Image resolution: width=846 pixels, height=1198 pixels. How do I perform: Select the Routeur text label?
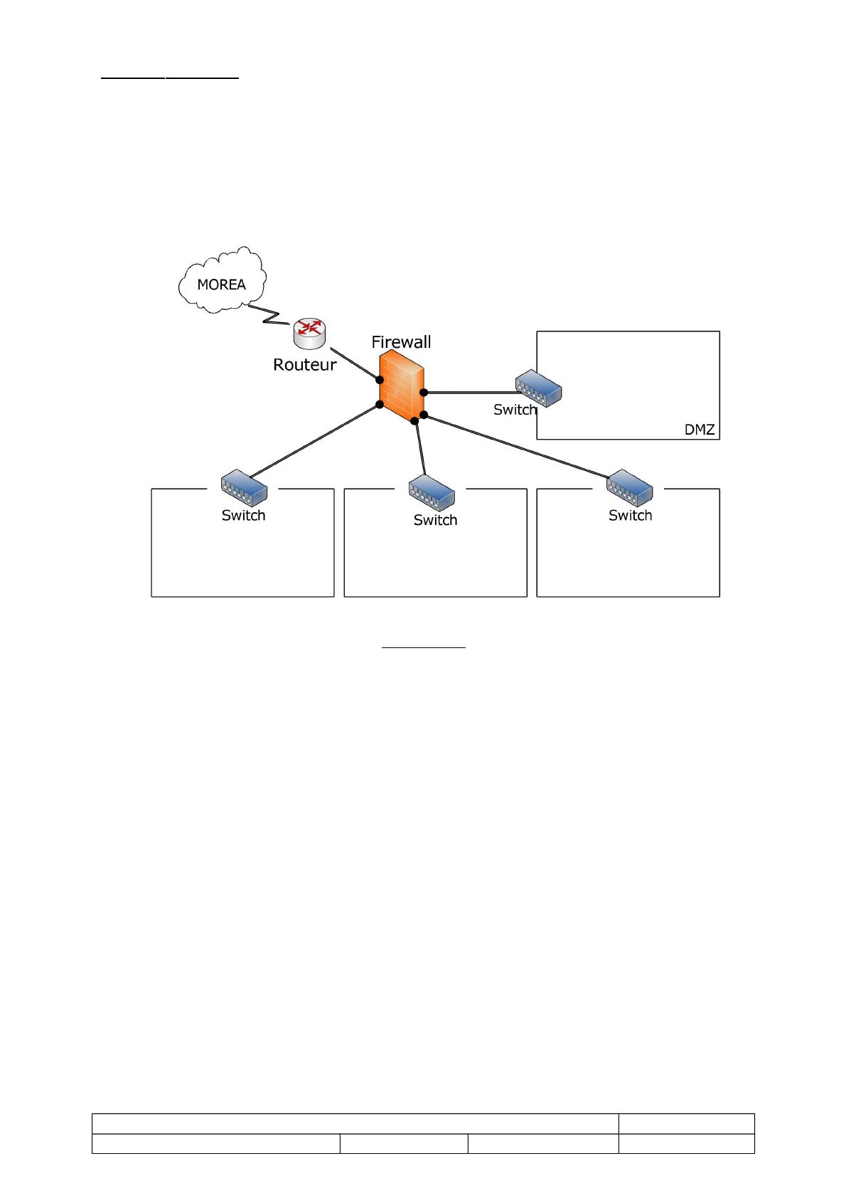click(304, 365)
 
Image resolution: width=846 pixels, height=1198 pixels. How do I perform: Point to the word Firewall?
click(401, 342)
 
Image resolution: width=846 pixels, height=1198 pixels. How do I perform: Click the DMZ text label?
click(699, 430)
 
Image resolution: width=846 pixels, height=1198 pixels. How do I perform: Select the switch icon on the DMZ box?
click(539, 388)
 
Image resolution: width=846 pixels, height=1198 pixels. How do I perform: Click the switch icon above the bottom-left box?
click(243, 487)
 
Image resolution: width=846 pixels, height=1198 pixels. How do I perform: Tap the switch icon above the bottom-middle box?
click(432, 492)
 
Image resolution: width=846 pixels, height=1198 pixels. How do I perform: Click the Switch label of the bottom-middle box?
click(435, 521)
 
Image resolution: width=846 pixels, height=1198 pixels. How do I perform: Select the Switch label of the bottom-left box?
click(243, 516)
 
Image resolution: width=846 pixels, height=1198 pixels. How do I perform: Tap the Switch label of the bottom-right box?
click(630, 516)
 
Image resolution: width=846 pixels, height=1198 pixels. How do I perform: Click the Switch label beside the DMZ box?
click(515, 410)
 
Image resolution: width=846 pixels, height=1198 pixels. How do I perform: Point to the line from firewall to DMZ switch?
click(469, 392)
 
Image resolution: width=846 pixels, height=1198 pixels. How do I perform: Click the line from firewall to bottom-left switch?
click(313, 441)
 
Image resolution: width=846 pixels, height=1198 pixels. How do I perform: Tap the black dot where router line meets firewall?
click(380, 380)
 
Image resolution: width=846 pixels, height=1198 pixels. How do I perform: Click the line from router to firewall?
click(353, 364)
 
